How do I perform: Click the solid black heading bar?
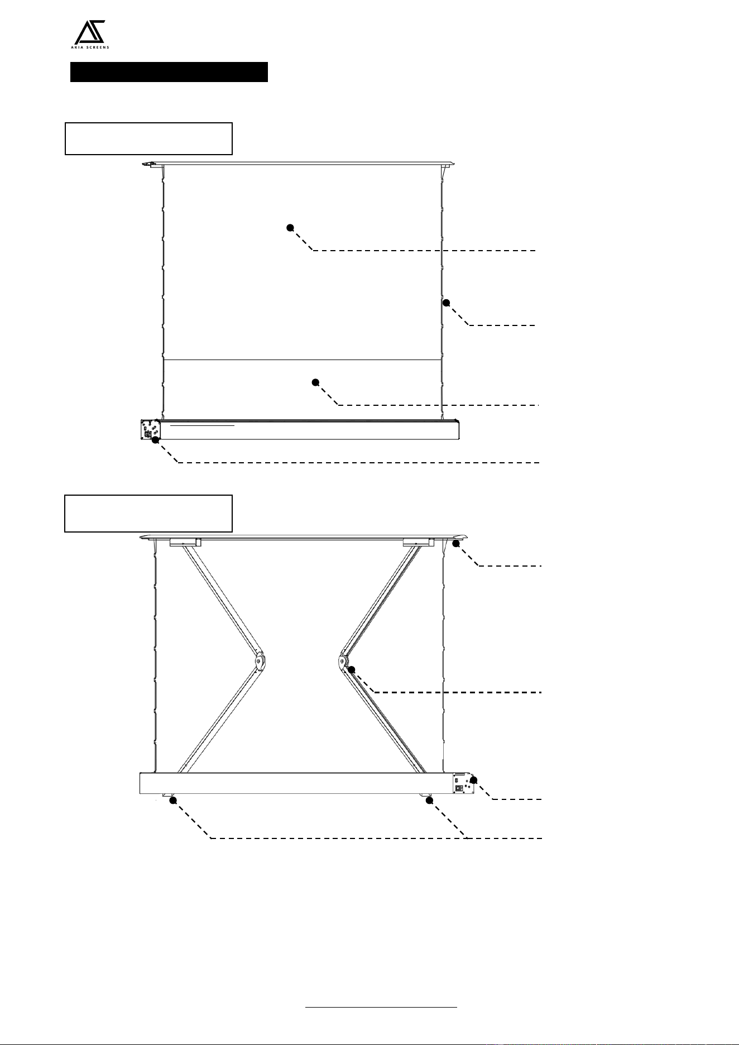pyautogui.click(x=169, y=72)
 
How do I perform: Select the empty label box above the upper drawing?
pyautogui.click(x=148, y=138)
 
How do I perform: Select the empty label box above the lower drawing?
pyautogui.click(x=148, y=513)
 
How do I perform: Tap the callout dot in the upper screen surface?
pyautogui.click(x=290, y=227)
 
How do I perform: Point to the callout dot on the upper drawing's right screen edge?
pyautogui.click(x=446, y=303)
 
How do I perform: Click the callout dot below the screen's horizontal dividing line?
pyautogui.click(x=315, y=382)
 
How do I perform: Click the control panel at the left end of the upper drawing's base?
pyautogui.click(x=150, y=430)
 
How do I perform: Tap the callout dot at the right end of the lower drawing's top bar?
pyautogui.click(x=456, y=543)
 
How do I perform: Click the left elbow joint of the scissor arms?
pyautogui.click(x=260, y=661)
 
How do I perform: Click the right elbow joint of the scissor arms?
pyautogui.click(x=343, y=661)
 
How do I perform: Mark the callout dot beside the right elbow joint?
pyautogui.click(x=351, y=669)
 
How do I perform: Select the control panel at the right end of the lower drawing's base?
pyautogui.click(x=463, y=783)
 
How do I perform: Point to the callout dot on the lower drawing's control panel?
pyautogui.click(x=473, y=780)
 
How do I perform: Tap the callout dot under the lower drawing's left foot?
pyautogui.click(x=173, y=800)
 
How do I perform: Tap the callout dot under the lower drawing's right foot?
pyautogui.click(x=429, y=800)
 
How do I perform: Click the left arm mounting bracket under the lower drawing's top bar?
pyautogui.click(x=185, y=542)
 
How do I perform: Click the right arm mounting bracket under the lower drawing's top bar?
pyautogui.click(x=419, y=542)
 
